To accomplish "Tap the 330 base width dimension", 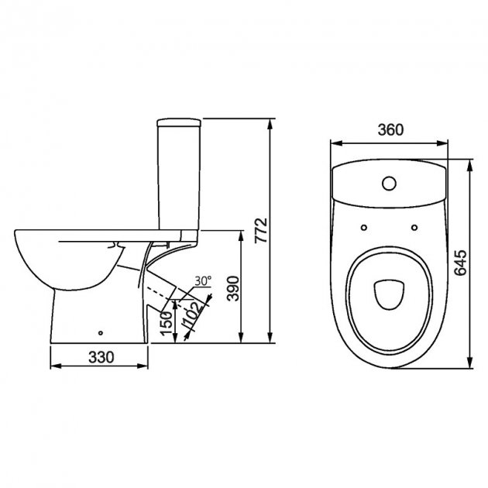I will tap(100, 357).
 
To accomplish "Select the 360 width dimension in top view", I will tap(390, 131).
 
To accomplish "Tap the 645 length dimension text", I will tap(462, 264).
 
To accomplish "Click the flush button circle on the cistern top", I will tap(389, 184).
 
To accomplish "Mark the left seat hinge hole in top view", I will tap(363, 226).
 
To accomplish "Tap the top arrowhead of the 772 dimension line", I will tap(270, 122).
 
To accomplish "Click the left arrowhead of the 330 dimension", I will tap(53, 366).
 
